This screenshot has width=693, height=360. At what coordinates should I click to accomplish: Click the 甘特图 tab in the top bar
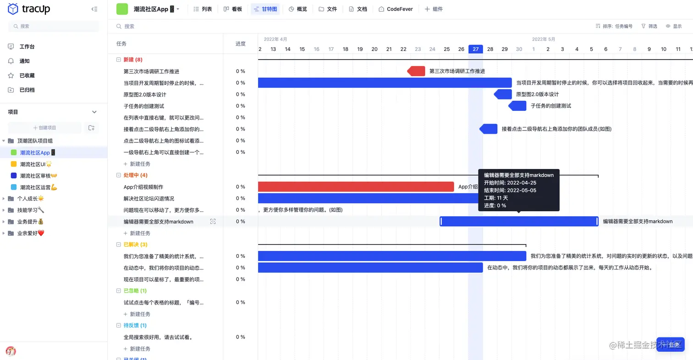pos(265,9)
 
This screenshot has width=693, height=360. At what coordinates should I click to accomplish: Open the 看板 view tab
pos(233,9)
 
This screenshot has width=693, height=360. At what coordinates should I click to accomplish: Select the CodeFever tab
pos(396,9)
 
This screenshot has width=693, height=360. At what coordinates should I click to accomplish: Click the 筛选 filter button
pos(649,27)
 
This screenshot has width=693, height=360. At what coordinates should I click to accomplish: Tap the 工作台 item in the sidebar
pos(27,47)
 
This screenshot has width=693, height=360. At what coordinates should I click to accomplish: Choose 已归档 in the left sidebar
pos(27,90)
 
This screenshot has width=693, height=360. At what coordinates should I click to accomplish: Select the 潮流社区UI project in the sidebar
pos(36,164)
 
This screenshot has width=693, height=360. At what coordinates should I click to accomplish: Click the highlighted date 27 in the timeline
pos(476,49)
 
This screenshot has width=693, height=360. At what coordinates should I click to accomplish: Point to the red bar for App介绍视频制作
pos(356,187)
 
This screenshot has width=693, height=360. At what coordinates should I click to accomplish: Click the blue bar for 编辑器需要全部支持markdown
pos(519,221)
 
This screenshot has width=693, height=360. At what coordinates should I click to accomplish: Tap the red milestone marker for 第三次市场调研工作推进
pos(416,71)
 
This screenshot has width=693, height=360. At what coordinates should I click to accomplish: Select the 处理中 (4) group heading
pos(135,175)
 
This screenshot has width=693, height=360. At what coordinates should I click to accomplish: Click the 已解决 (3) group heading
pos(135,245)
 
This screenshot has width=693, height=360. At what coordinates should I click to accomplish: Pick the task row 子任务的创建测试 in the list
pos(144,106)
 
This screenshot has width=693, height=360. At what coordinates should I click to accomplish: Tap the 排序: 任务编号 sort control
pos(614,27)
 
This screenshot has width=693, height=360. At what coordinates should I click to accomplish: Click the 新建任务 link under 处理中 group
pos(140,233)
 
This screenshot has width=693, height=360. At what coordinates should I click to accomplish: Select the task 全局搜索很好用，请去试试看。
pos(158,337)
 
